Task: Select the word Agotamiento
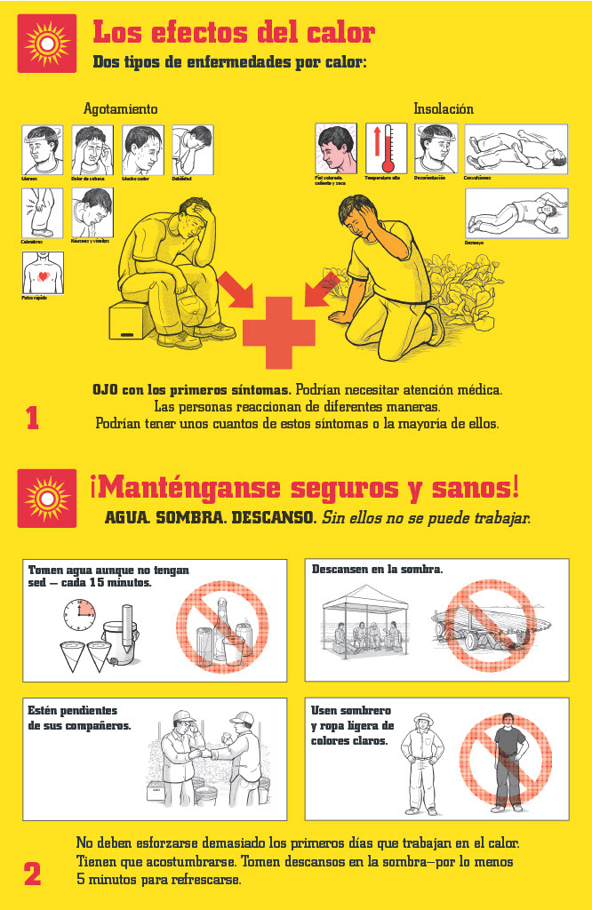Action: [120, 109]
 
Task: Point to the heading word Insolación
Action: [443, 109]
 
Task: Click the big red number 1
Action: [33, 418]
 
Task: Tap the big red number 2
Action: [33, 874]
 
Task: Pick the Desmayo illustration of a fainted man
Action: [516, 213]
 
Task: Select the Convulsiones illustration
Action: [516, 148]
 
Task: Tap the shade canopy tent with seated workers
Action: [364, 622]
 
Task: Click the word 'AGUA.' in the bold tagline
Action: [127, 517]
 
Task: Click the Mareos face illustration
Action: [43, 149]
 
